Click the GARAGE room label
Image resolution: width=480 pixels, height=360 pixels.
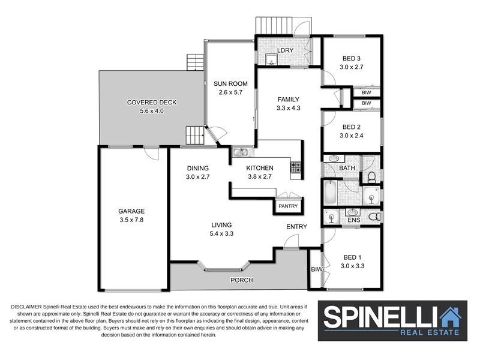coord(131,211)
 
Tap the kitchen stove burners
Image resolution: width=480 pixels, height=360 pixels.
coord(296,167)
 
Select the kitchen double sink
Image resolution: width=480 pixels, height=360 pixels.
coord(241,152)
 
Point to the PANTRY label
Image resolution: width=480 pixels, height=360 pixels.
coord(288,206)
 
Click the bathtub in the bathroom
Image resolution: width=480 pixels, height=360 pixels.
coord(331,193)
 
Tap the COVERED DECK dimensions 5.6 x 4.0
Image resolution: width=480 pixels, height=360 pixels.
coord(152,111)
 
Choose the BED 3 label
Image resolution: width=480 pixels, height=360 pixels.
coord(352,58)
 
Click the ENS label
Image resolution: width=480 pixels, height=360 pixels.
coord(354,220)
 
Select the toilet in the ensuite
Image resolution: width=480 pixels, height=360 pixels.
coord(374,217)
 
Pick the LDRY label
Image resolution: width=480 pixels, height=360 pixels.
coord(286,50)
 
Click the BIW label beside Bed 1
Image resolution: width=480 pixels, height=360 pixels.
coord(317,269)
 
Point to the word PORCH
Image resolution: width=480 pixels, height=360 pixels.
coord(242,280)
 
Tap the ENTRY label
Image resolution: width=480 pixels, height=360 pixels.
coord(296,227)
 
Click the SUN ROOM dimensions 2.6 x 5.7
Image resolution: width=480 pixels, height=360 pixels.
coord(230,92)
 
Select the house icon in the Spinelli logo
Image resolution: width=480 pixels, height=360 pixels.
coord(450,317)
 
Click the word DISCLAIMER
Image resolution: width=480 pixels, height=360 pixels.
coord(26,307)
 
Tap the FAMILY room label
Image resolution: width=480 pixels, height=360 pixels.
coord(289,99)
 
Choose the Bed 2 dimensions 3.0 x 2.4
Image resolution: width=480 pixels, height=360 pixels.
coord(352,136)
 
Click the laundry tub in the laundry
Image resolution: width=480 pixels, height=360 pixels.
coord(271,59)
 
